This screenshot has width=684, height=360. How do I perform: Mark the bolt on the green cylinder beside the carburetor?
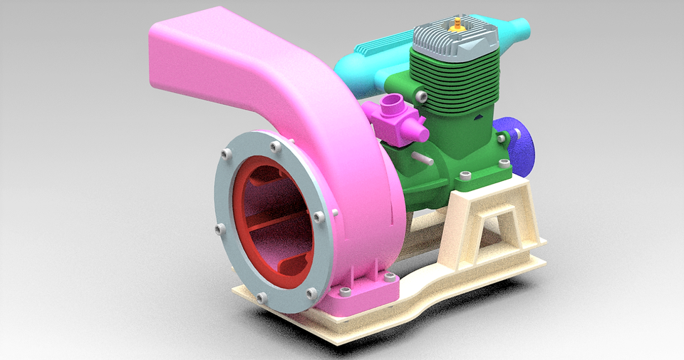coord(422,96)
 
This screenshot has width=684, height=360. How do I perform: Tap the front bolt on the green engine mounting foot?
coord(465,175)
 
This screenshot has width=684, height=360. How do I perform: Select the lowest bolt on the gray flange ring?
coord(261,297)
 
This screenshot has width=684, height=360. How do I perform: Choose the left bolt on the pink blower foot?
coord(346,292)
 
